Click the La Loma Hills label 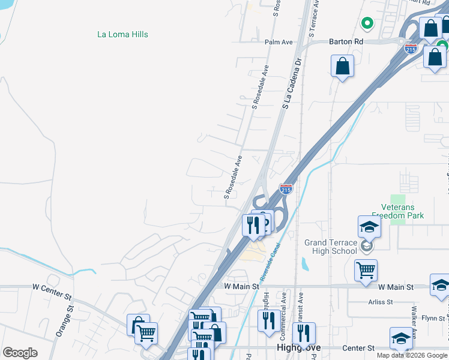point(122,34)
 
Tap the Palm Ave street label point(279,43)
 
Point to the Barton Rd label point(346,42)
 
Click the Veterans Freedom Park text point(397,211)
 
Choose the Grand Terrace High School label point(330,247)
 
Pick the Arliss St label point(381,302)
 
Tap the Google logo point(20,353)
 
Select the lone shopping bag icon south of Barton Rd point(342,66)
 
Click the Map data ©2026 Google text point(412,355)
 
